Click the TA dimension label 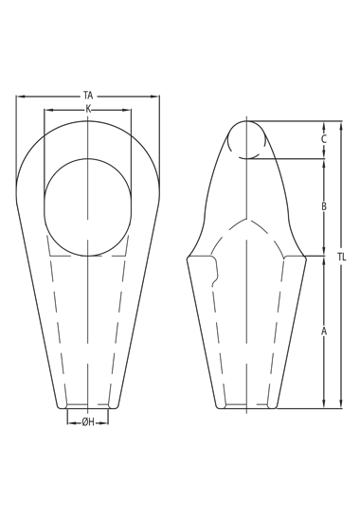tap(88, 96)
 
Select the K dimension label tap(88, 109)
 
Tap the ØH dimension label tap(88, 421)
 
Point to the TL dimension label tap(341, 257)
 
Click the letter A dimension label tap(324, 331)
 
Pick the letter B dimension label tap(324, 206)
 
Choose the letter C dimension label tap(324, 139)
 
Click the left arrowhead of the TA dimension tap(21, 97)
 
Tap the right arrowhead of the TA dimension tap(155, 97)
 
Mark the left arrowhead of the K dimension tap(49, 110)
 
